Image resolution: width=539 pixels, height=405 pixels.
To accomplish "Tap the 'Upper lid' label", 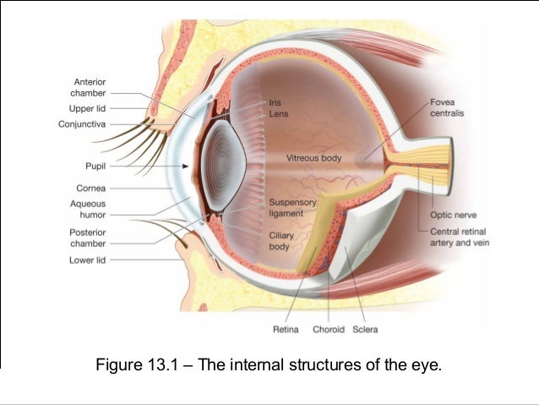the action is (87, 108).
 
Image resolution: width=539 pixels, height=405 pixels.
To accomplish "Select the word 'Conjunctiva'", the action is (83, 123).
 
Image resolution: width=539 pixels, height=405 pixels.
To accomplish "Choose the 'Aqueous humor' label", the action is (88, 209).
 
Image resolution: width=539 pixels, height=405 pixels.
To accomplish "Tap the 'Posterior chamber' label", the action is (87, 237).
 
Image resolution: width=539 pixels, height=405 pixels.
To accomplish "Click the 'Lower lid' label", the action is (87, 260).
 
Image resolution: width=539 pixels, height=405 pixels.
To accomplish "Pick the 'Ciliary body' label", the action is (280, 242).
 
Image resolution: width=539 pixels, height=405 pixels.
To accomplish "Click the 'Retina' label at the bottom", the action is (288, 329).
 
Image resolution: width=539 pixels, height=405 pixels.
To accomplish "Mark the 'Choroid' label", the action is (329, 329).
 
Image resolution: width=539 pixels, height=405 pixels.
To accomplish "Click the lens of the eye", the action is (221, 165).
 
